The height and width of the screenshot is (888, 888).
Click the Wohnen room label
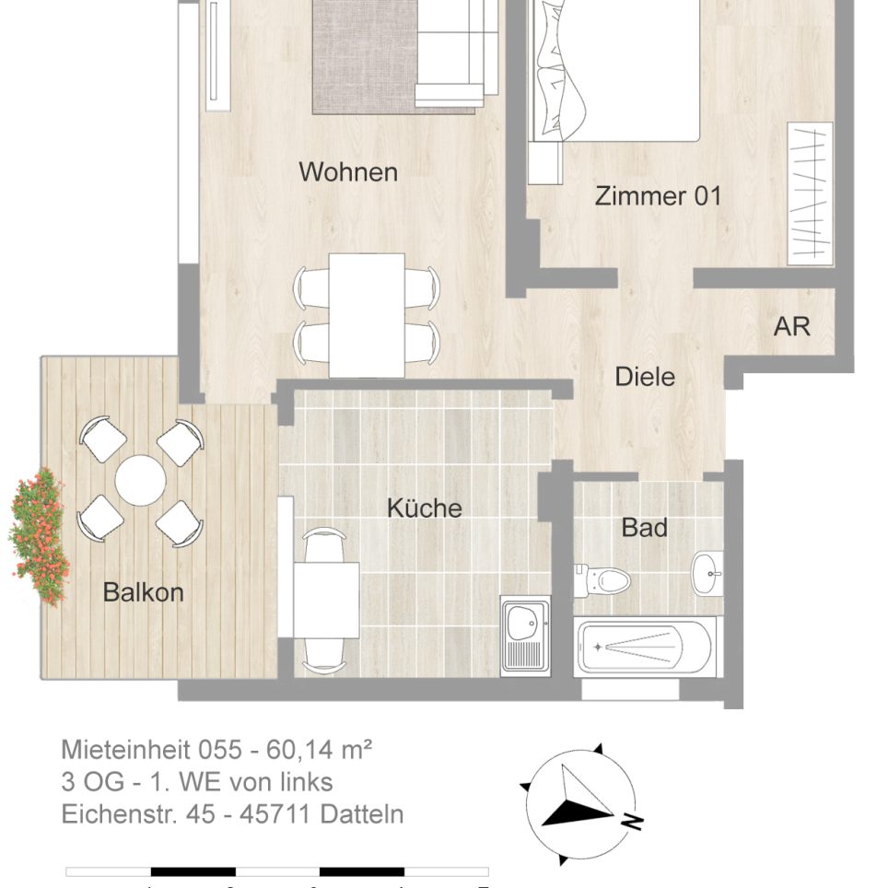pyautogui.click(x=348, y=172)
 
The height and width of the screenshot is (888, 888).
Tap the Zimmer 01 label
pyautogui.click(x=658, y=196)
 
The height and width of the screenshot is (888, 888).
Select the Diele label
pyautogui.click(x=645, y=377)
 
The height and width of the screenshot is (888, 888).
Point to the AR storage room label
pyautogui.click(x=791, y=326)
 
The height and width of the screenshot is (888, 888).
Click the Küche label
pyautogui.click(x=424, y=508)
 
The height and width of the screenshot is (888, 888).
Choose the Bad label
pyautogui.click(x=644, y=528)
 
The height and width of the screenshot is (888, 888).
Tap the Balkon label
pyautogui.click(x=143, y=592)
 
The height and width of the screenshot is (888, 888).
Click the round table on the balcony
pyautogui.click(x=140, y=480)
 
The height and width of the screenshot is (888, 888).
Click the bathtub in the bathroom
pyautogui.click(x=644, y=646)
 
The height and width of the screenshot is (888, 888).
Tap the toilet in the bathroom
pyautogui.click(x=603, y=579)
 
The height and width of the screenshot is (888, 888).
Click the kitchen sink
pyautogui.click(x=525, y=635)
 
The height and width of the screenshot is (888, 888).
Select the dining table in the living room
pyautogui.click(x=367, y=314)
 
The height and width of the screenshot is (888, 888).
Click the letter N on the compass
pyautogui.click(x=633, y=821)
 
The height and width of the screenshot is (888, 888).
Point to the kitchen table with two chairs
pyautogui.click(x=326, y=599)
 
